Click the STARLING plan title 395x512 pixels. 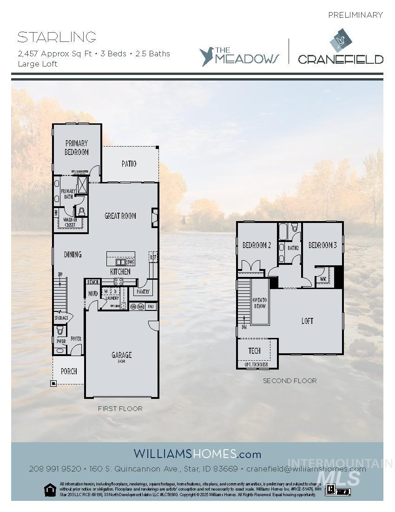(57, 37)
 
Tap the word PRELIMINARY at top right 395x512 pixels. (355, 15)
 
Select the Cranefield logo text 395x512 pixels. (340, 59)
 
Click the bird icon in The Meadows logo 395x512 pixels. (207, 56)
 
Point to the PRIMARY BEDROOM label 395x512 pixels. (77, 148)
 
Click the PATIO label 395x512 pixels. (129, 164)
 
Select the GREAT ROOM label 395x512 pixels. (120, 216)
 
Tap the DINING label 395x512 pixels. (72, 254)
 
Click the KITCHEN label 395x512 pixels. (120, 271)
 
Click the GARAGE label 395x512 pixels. (121, 356)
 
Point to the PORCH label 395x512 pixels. (69, 371)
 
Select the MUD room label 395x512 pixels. (92, 294)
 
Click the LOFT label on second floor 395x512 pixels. (307, 321)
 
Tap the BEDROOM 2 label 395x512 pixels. (257, 245)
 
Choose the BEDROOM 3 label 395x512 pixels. (323, 245)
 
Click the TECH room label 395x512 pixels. (254, 350)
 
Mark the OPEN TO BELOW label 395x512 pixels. (259, 303)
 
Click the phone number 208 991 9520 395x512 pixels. (55, 469)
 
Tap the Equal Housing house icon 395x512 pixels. (49, 489)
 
